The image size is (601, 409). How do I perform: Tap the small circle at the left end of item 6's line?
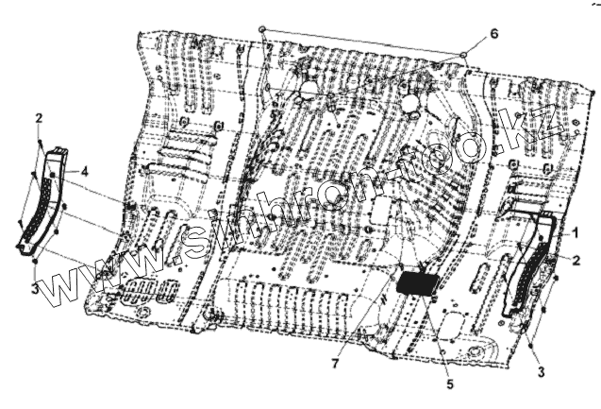(x=262, y=30)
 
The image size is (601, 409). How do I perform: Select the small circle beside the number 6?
(x=463, y=55)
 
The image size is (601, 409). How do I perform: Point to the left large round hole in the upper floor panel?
(x=308, y=92)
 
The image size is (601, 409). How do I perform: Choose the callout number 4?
(x=85, y=171)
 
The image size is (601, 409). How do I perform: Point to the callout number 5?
(x=449, y=383)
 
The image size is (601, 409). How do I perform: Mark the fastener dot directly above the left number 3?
(x=34, y=260)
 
